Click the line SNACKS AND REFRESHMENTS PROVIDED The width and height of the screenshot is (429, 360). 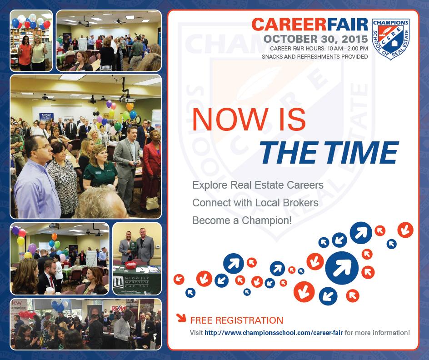click(x=315, y=57)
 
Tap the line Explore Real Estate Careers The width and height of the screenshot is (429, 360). click(x=258, y=185)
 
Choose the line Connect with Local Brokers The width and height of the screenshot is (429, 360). click(x=255, y=202)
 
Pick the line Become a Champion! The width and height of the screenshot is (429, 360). click(x=242, y=220)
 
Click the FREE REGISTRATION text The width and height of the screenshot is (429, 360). click(x=236, y=320)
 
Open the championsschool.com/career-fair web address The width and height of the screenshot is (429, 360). click(x=273, y=333)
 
